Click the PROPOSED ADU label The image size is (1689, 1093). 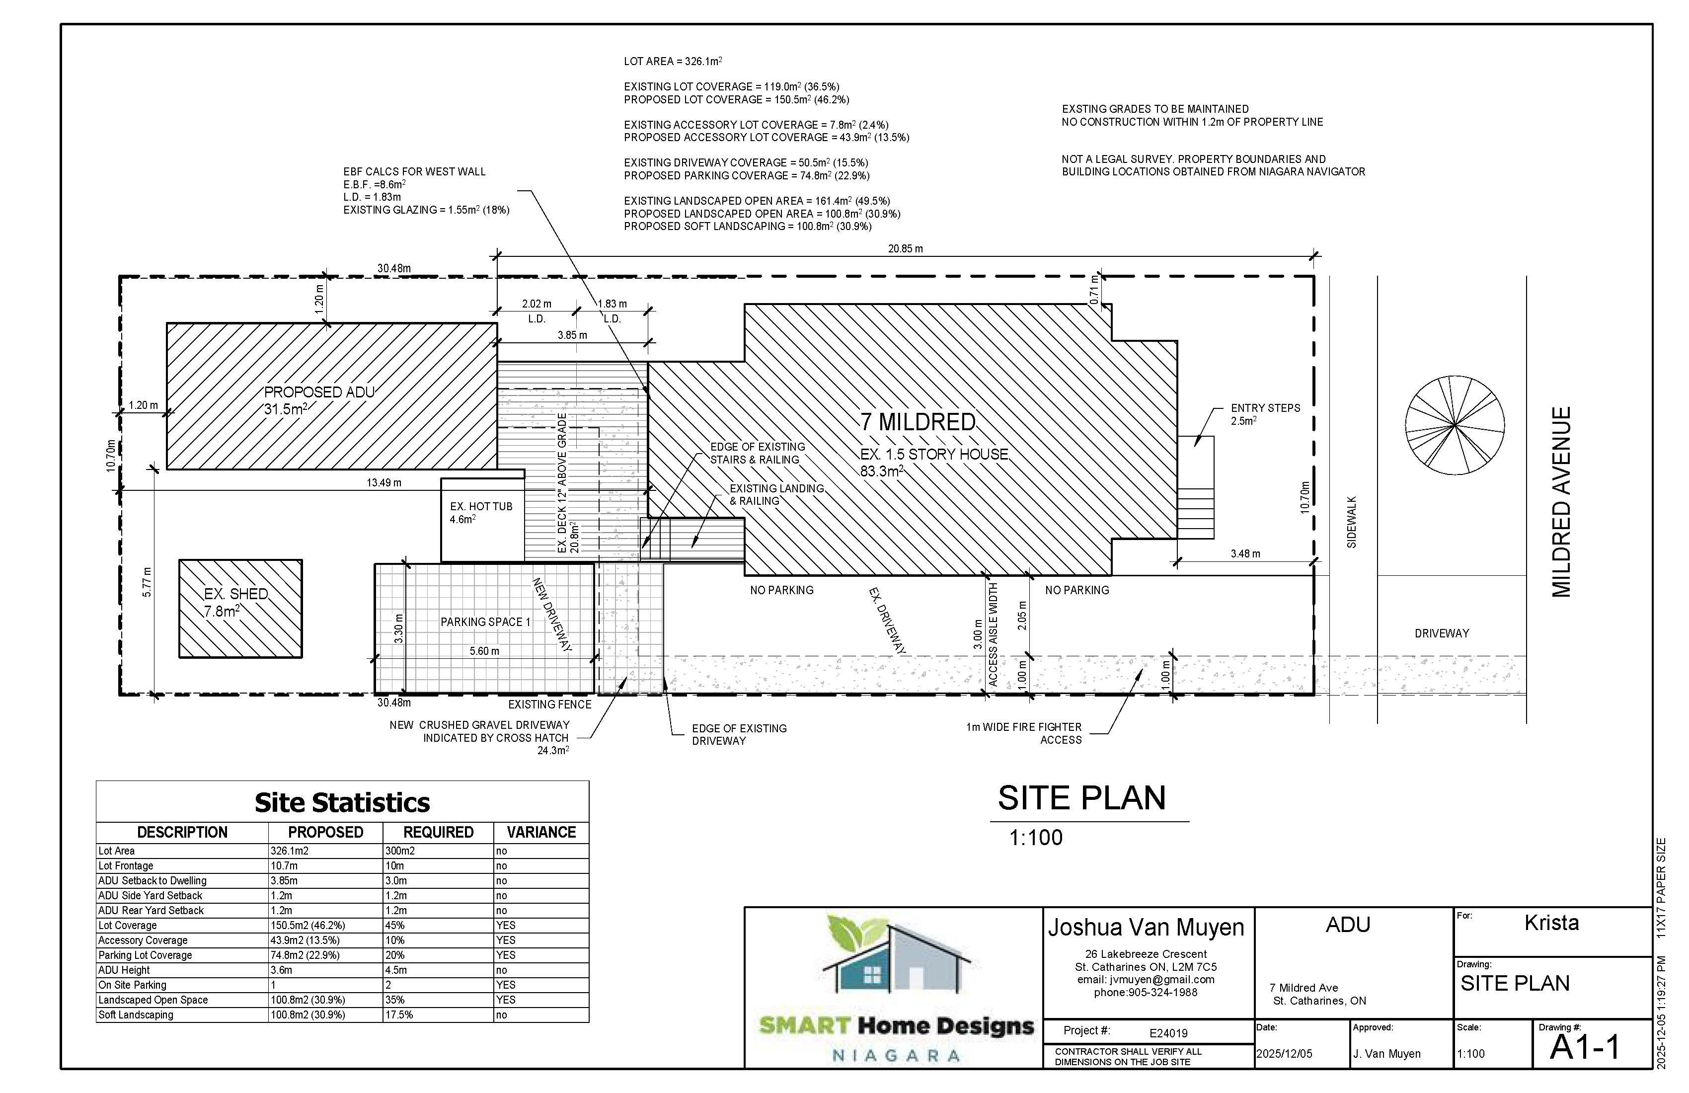click(x=319, y=392)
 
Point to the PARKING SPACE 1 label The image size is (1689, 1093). click(x=485, y=622)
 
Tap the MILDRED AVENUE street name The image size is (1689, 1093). click(x=1561, y=502)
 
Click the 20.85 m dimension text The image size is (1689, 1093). click(x=906, y=249)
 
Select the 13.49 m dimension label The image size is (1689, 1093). click(x=384, y=482)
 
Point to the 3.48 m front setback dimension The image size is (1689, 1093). click(x=1245, y=553)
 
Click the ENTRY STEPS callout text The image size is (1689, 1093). click(x=1265, y=408)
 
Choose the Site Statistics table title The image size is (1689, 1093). click(x=342, y=803)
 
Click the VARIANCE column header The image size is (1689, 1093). click(x=541, y=832)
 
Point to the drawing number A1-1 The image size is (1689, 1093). click(x=1585, y=1047)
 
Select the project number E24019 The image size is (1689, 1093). click(x=1168, y=1033)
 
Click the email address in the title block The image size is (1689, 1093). click(x=1146, y=979)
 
